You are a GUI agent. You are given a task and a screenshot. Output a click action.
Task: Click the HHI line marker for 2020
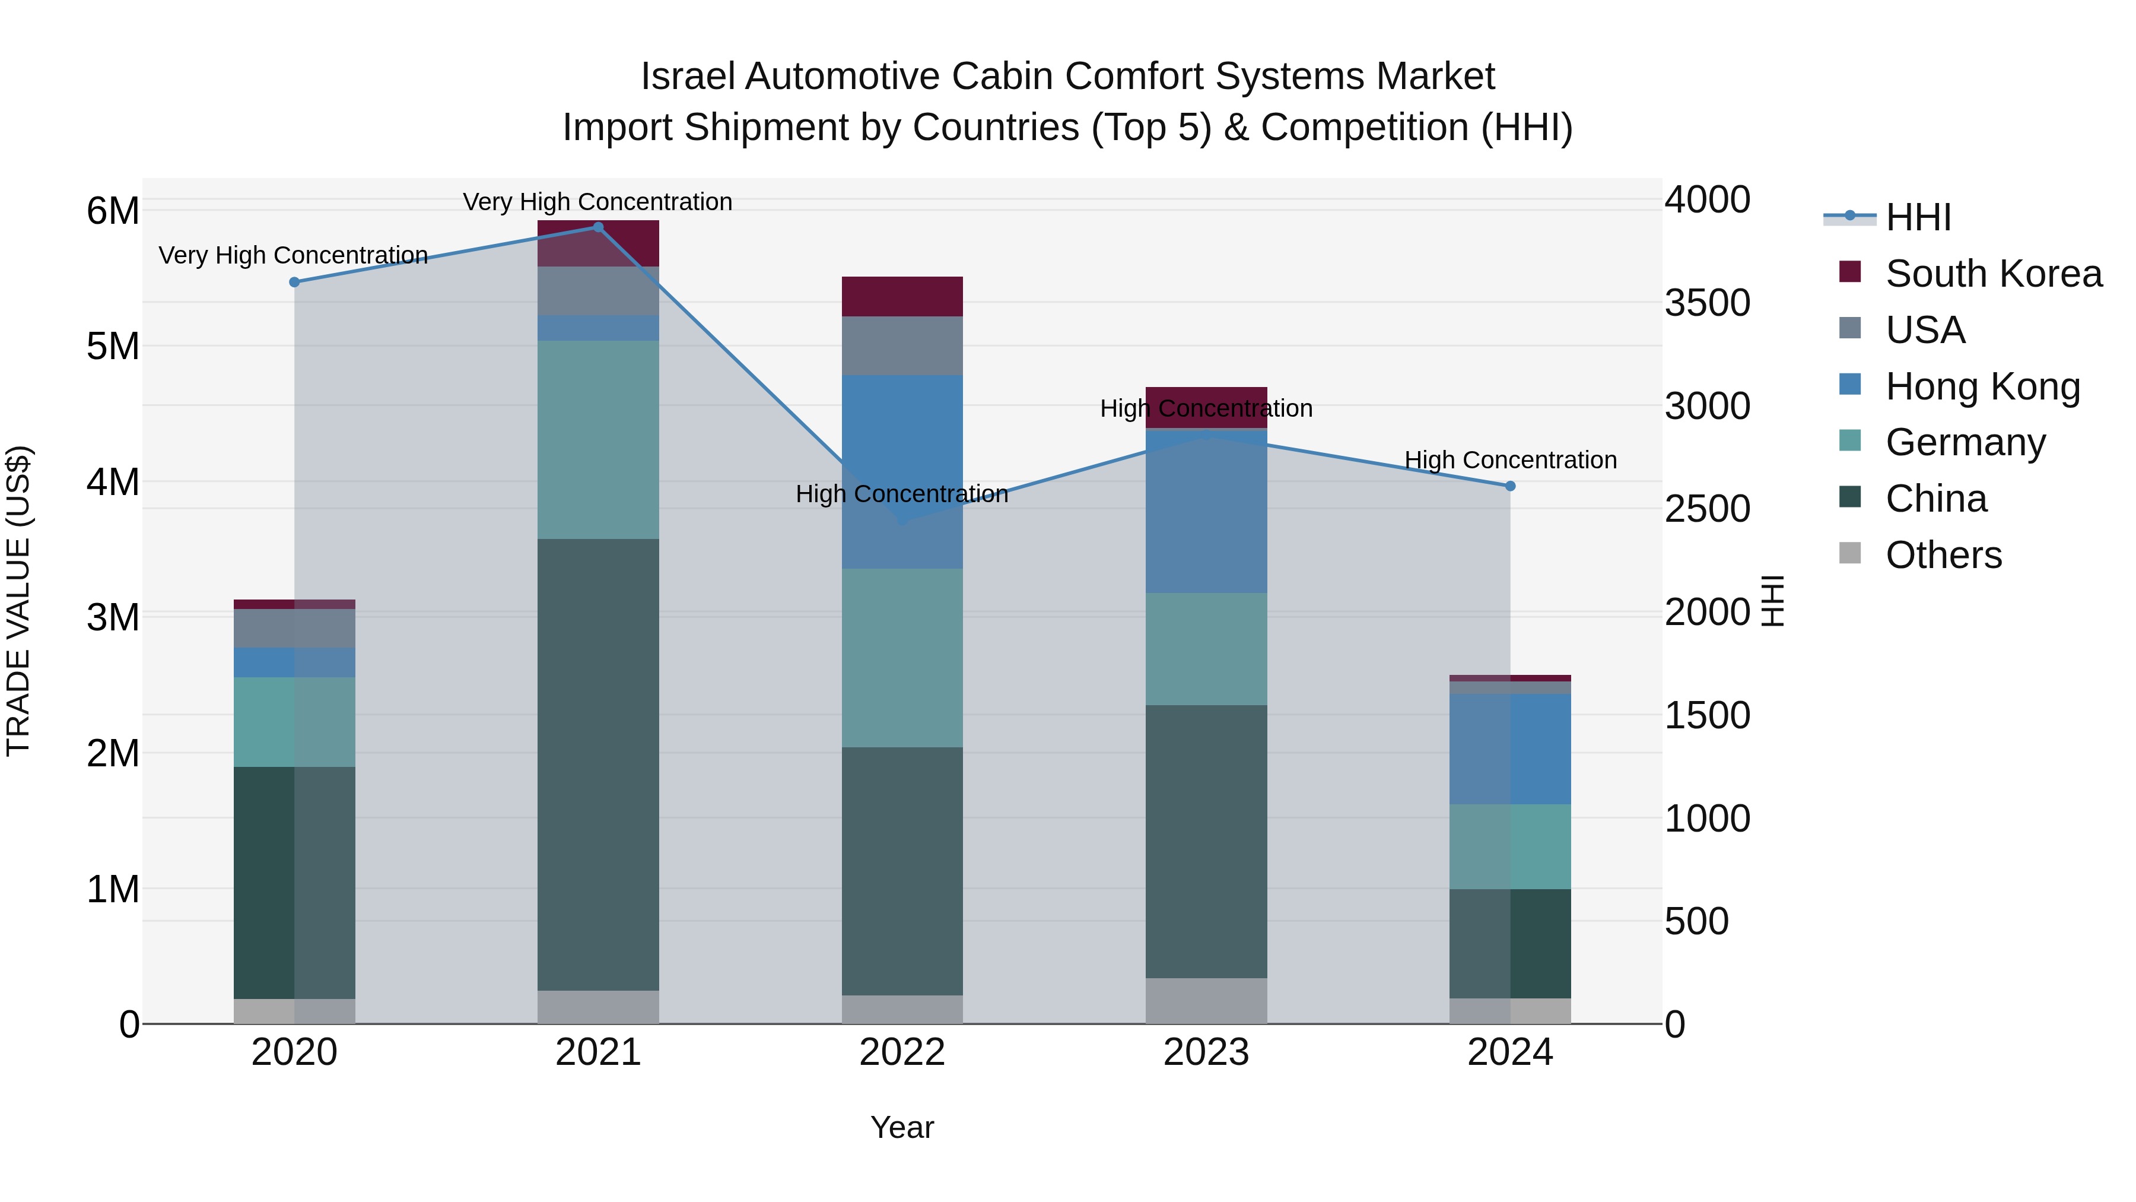click(x=294, y=282)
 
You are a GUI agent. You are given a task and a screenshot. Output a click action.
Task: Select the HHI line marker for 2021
click(x=599, y=227)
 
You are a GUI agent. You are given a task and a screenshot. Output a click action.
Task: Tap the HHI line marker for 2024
click(x=1510, y=486)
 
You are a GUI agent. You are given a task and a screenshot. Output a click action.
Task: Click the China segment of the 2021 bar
click(x=599, y=763)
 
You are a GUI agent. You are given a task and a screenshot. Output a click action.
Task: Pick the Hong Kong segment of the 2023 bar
click(x=1206, y=510)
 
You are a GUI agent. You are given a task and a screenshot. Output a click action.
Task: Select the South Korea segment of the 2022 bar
click(x=902, y=296)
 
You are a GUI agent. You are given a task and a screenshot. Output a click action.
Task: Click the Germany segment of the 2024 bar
click(x=1510, y=846)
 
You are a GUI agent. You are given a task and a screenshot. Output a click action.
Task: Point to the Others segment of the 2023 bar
click(x=1206, y=1000)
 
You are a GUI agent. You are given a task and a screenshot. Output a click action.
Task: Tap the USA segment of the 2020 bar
click(x=294, y=628)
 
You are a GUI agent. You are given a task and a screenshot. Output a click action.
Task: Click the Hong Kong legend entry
click(x=1982, y=386)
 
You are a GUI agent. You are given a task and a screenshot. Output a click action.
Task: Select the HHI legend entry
click(x=1918, y=217)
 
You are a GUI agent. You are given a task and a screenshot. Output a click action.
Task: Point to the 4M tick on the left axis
click(x=113, y=482)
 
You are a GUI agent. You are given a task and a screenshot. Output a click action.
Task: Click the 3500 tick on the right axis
click(x=1707, y=303)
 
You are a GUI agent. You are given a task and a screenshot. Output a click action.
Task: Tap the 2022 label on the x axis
click(x=902, y=1052)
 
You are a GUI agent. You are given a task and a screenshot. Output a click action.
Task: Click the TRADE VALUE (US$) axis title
click(x=18, y=601)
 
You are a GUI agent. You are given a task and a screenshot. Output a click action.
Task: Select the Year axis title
click(x=902, y=1127)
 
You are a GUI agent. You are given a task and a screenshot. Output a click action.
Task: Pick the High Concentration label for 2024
click(x=1510, y=459)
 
